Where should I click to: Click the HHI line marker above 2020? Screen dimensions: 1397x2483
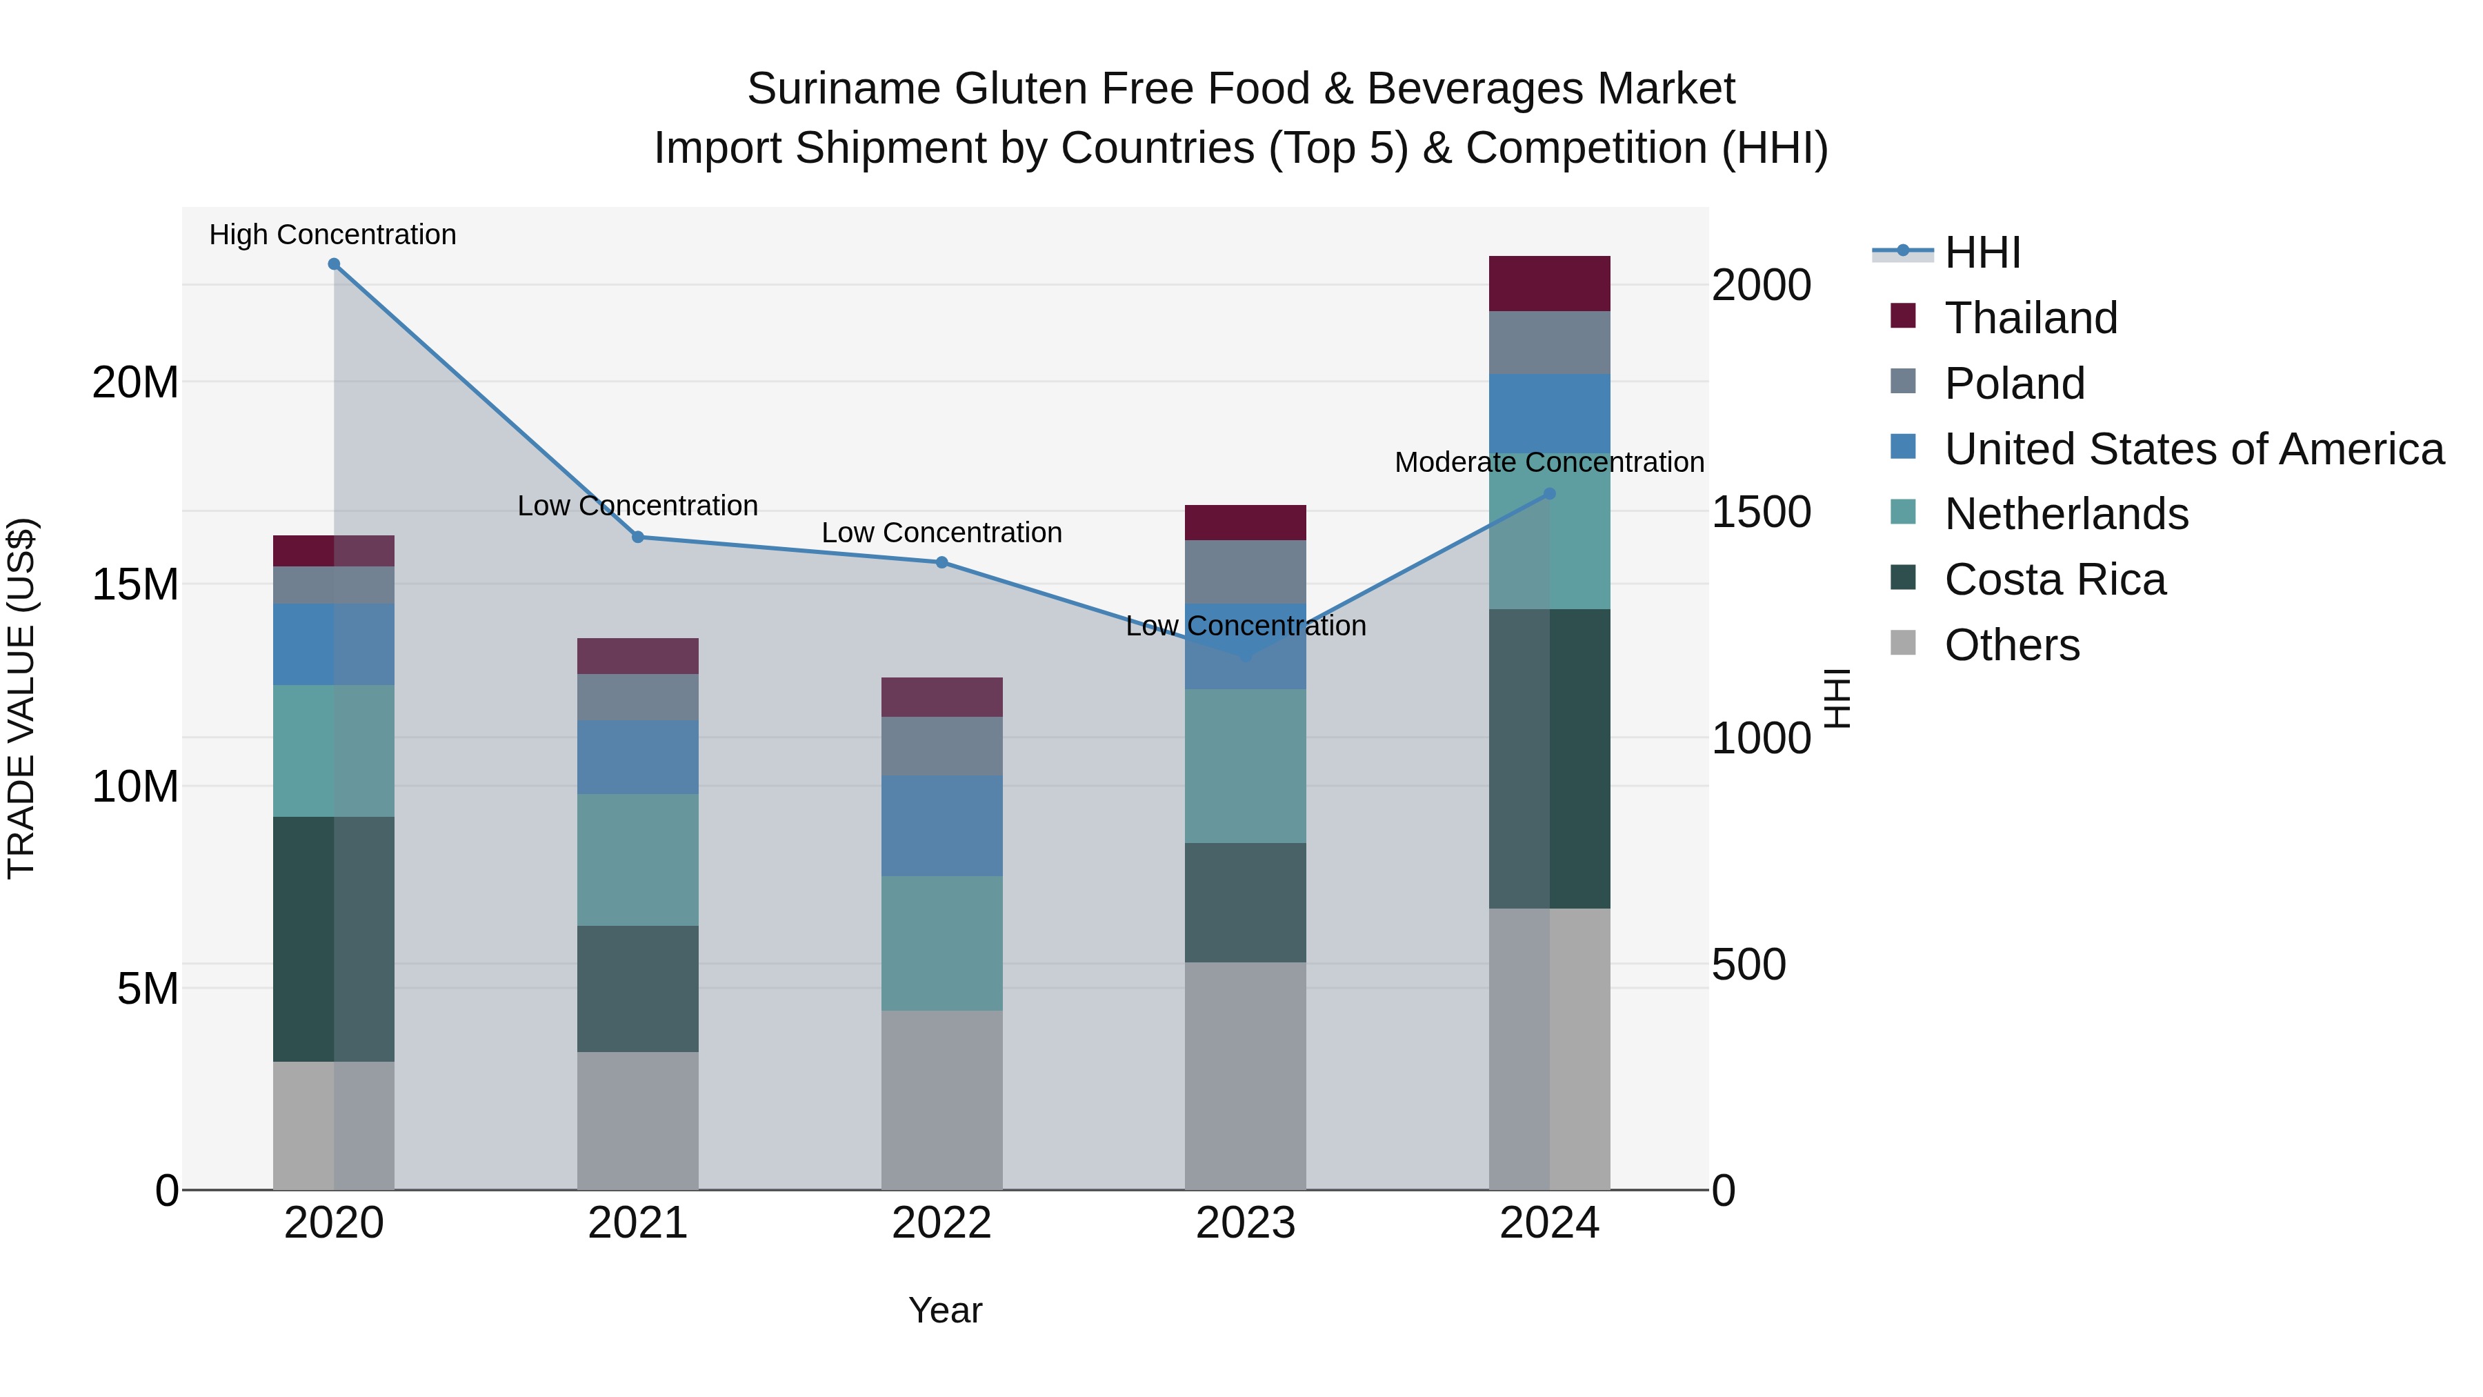click(334, 264)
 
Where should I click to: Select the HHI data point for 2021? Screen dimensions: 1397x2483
click(637, 537)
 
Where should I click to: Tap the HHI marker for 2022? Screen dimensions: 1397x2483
click(941, 562)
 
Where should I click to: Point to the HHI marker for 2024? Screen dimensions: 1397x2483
click(1549, 494)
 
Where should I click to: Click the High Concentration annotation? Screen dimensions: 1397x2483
click(332, 235)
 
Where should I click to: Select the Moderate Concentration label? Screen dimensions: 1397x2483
click(1549, 463)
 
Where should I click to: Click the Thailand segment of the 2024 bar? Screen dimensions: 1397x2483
click(1549, 284)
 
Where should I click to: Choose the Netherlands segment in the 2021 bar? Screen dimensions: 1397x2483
click(637, 860)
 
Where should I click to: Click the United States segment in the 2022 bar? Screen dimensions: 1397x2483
click(941, 825)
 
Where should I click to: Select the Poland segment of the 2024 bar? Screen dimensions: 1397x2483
click(1549, 342)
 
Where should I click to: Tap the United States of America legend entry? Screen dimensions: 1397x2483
click(2193, 449)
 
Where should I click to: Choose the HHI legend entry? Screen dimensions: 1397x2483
click(1982, 252)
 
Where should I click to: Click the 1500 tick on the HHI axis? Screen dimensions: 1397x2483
click(1760, 512)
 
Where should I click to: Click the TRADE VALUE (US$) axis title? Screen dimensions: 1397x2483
click(21, 698)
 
